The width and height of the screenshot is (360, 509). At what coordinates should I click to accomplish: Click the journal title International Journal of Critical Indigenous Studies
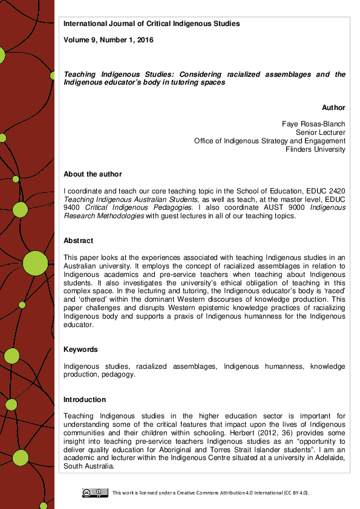click(151, 24)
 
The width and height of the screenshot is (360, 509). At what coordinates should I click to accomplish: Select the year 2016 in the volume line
click(144, 40)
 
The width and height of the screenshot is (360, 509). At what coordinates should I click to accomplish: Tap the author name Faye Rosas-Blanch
click(313, 123)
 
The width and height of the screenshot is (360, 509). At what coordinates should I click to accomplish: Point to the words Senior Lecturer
click(320, 132)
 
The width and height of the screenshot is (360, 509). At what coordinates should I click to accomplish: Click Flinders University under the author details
click(315, 149)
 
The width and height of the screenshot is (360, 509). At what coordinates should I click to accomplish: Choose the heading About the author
click(93, 174)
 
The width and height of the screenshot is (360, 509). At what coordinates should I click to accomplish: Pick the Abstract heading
click(78, 241)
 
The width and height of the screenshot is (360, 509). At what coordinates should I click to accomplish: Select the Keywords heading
click(80, 349)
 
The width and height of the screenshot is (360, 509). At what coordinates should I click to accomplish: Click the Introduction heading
click(85, 400)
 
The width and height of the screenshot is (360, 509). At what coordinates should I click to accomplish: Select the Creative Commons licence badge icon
click(95, 493)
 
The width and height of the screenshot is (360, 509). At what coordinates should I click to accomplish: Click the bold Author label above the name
click(333, 108)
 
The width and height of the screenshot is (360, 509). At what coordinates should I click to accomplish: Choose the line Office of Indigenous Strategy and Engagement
click(269, 141)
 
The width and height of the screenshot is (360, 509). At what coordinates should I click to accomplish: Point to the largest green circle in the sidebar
click(35, 263)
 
